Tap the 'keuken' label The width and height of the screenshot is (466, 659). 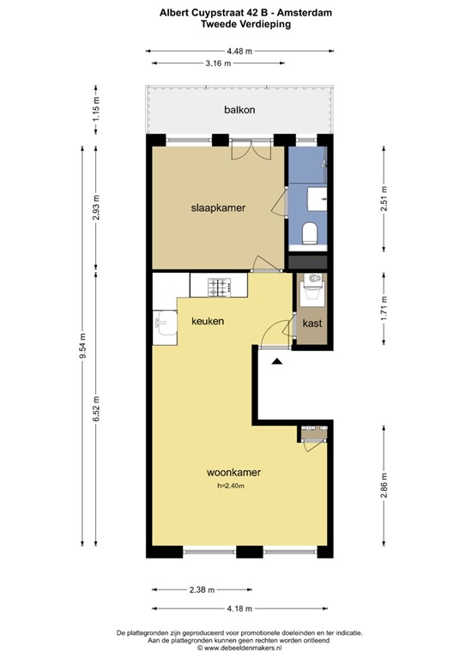point(208,322)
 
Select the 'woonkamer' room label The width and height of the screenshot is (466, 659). point(233,472)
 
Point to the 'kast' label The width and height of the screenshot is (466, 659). point(312,323)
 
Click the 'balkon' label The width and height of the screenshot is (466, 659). point(239,110)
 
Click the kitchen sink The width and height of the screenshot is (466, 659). point(163,324)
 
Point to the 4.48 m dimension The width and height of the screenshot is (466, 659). point(239,51)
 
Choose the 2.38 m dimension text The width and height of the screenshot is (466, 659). point(203,589)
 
